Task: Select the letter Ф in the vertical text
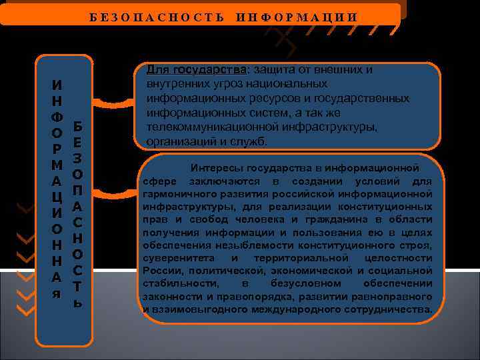(x=58, y=115)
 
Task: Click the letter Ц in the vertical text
(x=58, y=197)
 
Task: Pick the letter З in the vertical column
(x=78, y=159)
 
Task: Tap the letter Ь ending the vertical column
(x=78, y=303)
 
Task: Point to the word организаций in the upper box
(x=175, y=141)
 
